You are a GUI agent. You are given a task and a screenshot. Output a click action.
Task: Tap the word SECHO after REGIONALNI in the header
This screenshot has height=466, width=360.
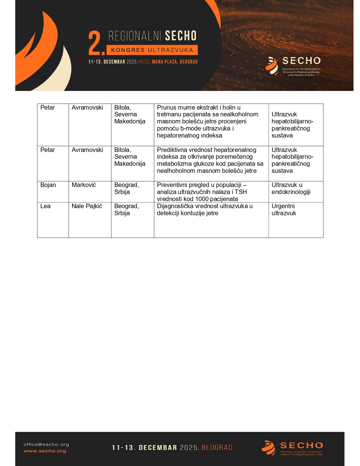(x=180, y=36)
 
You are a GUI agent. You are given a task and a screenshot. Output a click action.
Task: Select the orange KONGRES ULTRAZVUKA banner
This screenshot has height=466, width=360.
(x=152, y=50)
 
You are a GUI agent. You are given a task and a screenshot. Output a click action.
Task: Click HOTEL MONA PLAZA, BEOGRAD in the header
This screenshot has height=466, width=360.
(x=168, y=62)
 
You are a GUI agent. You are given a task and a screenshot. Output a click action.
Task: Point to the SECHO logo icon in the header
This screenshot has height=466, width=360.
(x=272, y=66)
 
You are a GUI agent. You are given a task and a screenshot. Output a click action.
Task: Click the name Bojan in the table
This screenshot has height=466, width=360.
(x=48, y=185)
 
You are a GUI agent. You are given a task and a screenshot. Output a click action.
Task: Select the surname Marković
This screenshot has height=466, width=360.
(x=84, y=185)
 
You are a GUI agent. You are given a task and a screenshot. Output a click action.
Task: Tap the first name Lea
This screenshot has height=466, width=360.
(x=45, y=206)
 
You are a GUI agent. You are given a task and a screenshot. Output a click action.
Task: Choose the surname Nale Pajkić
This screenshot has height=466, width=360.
(x=87, y=206)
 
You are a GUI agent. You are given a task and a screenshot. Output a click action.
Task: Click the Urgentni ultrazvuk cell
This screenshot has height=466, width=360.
(x=284, y=210)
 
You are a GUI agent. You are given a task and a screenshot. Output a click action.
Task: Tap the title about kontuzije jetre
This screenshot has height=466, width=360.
(x=205, y=210)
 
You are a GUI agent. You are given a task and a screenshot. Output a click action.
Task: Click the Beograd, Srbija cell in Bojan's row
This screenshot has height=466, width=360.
(x=126, y=188)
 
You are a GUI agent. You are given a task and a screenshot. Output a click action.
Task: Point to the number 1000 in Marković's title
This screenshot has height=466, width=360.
(x=202, y=199)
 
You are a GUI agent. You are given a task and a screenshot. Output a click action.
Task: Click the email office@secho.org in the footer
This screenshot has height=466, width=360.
(x=46, y=445)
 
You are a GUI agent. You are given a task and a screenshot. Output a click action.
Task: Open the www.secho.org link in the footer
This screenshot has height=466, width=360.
(x=45, y=451)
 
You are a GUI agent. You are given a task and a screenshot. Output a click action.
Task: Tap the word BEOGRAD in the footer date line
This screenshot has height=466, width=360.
(x=217, y=448)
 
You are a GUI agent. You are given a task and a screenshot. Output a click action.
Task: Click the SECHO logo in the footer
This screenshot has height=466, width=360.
(x=292, y=448)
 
